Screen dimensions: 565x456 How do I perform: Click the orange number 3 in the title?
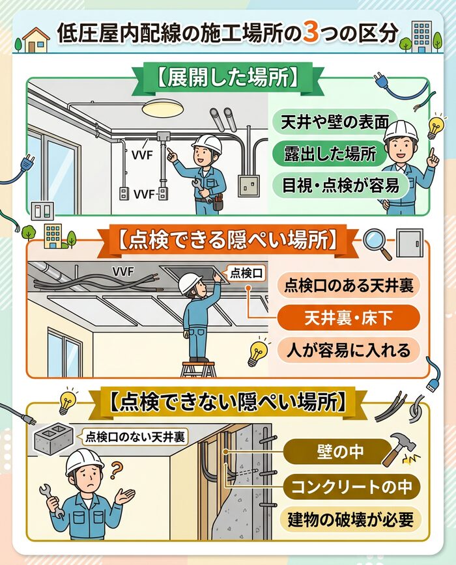[311, 34]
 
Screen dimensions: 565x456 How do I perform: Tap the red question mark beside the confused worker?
[117, 468]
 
